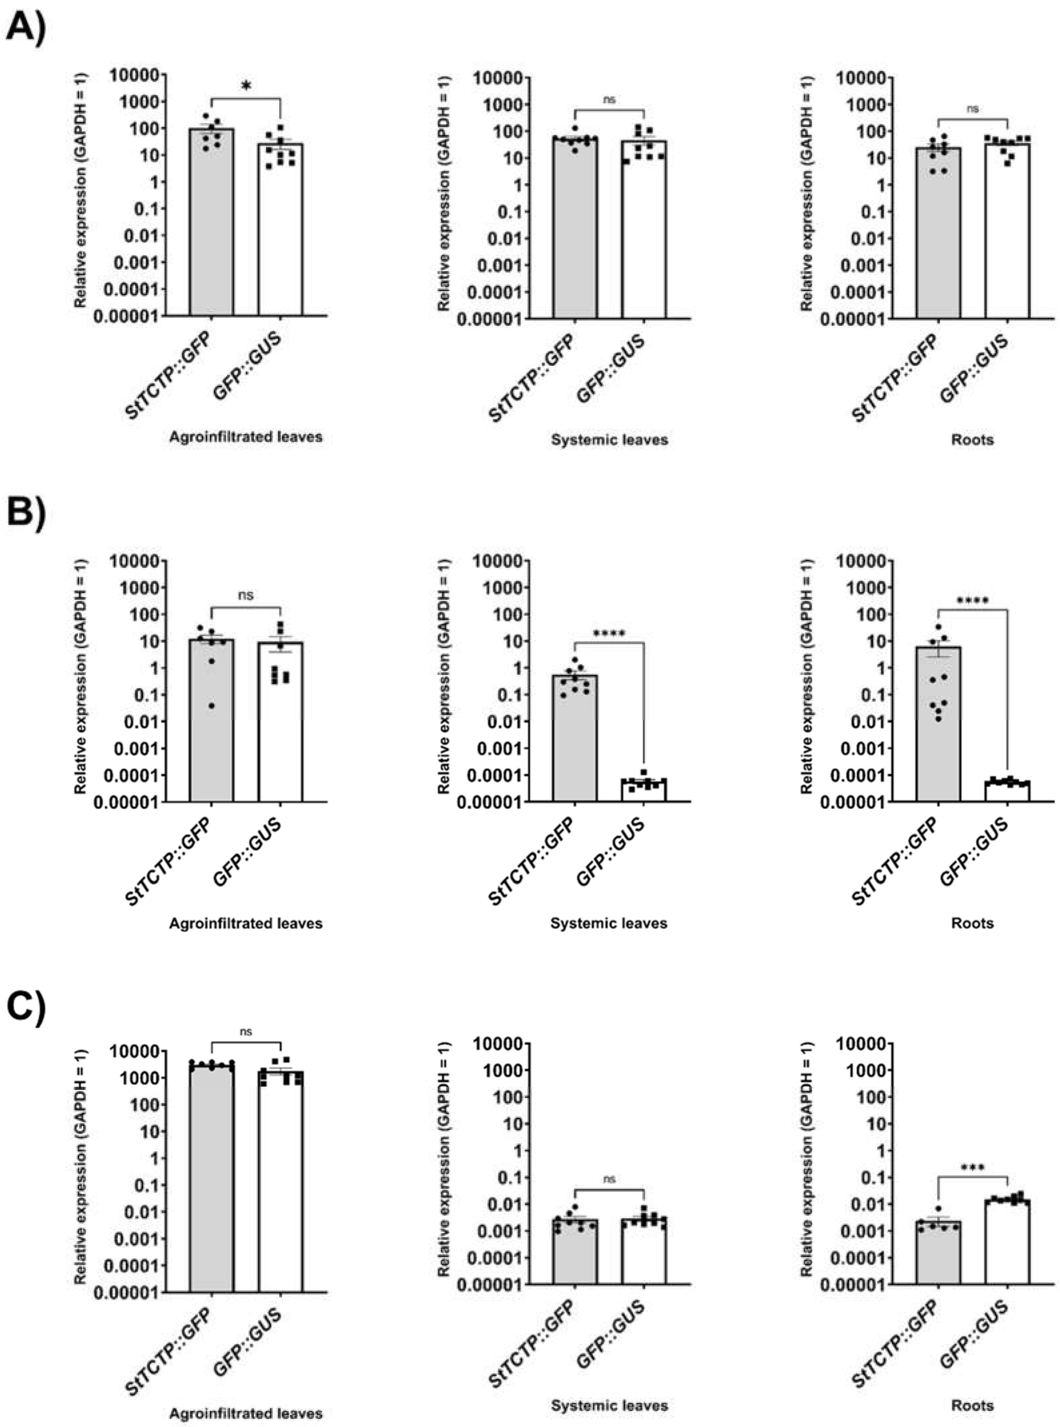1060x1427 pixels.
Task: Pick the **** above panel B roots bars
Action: click(972, 601)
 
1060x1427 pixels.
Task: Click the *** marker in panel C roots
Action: click(972, 1168)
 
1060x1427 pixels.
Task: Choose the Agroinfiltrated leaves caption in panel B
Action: click(246, 923)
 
